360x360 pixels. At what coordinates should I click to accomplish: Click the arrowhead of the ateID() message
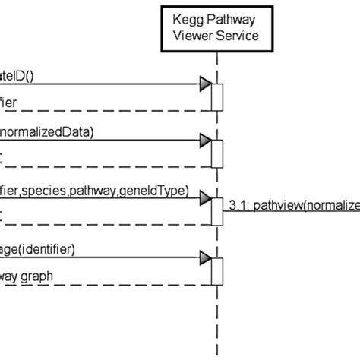pyautogui.click(x=204, y=84)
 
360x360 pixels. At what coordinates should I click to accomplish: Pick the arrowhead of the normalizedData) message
pyautogui.click(x=204, y=141)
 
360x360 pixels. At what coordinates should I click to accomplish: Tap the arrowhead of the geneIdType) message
pyautogui.click(x=204, y=199)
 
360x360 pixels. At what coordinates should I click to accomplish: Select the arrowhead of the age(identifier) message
pyautogui.click(x=204, y=257)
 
